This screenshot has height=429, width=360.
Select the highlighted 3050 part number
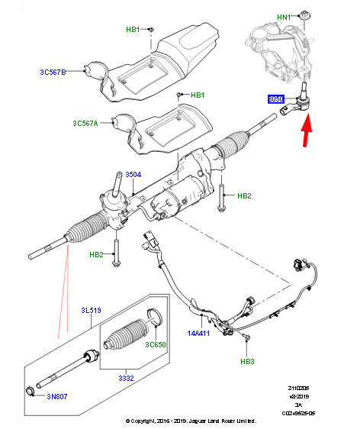tap(275, 99)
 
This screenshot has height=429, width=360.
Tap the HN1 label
tap(284, 16)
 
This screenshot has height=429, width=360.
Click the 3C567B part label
tap(53, 72)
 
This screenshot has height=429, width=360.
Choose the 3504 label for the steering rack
tap(133, 175)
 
